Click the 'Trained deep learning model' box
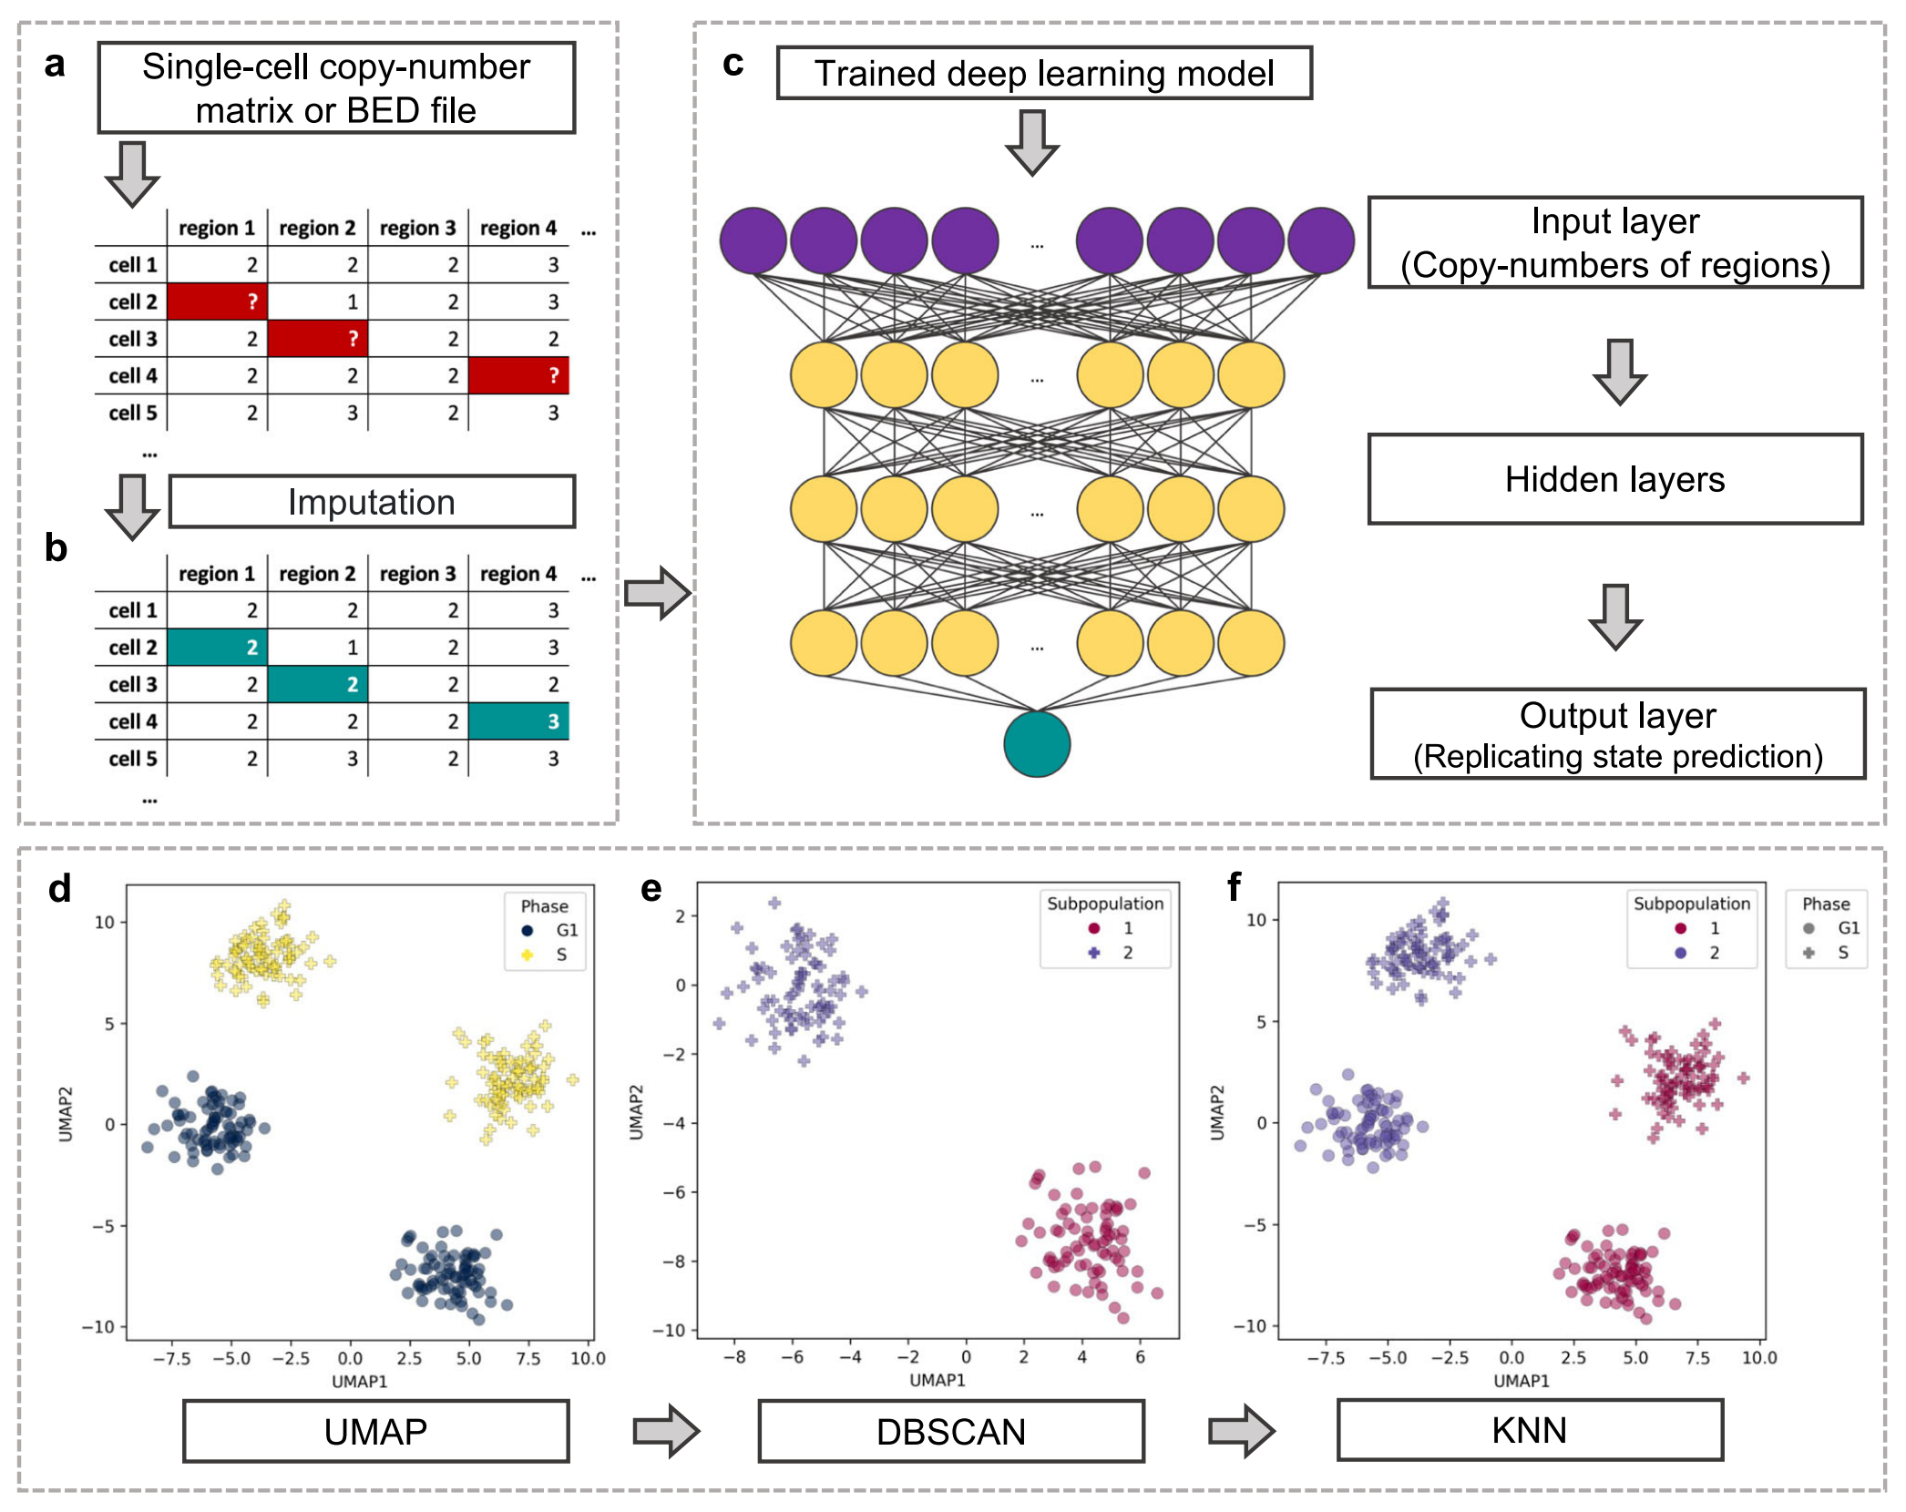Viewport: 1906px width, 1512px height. pos(1043,73)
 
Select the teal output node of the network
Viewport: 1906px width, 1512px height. pos(1036,744)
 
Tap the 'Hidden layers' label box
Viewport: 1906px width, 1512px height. pos(1614,479)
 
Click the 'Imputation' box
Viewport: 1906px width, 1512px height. pos(372,502)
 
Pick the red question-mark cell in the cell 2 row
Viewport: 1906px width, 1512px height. pos(217,301)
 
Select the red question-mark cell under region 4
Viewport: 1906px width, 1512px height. pos(518,375)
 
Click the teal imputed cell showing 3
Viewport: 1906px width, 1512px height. pos(518,721)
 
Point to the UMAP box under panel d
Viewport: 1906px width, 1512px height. pos(375,1431)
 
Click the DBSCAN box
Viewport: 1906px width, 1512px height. pos(950,1431)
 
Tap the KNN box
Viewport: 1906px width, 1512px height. pos(1529,1430)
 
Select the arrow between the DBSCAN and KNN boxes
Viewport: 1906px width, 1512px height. pos(1241,1430)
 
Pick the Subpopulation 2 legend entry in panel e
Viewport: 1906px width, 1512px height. pos(1112,953)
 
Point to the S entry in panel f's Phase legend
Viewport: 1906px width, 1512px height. pos(1829,953)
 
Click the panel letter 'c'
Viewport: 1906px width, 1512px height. pos(733,64)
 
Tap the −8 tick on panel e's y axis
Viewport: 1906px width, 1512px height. pos(674,1262)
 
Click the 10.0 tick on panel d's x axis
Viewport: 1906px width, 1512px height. pos(588,1358)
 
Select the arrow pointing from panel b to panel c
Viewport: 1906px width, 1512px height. pos(657,593)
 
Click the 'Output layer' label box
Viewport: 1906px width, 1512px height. pos(1617,734)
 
